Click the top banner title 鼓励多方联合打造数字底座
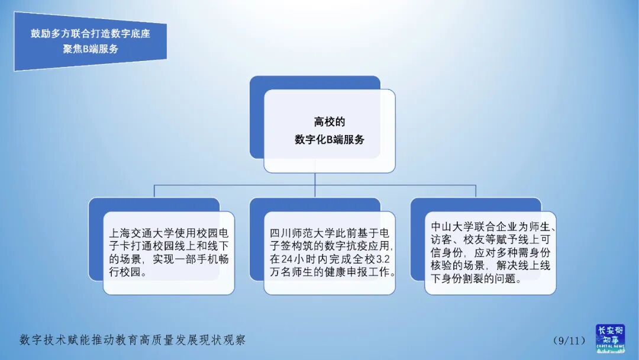tap(91, 34)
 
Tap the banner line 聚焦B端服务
tap(91, 49)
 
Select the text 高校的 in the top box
tap(329, 122)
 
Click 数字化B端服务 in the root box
tap(329, 140)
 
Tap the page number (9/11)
tap(569, 340)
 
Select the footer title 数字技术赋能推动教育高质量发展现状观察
tap(133, 340)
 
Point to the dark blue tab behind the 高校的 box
tap(256, 118)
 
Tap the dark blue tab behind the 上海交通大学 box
tap(95, 243)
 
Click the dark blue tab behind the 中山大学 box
tap(417, 243)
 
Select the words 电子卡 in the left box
tap(121, 246)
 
